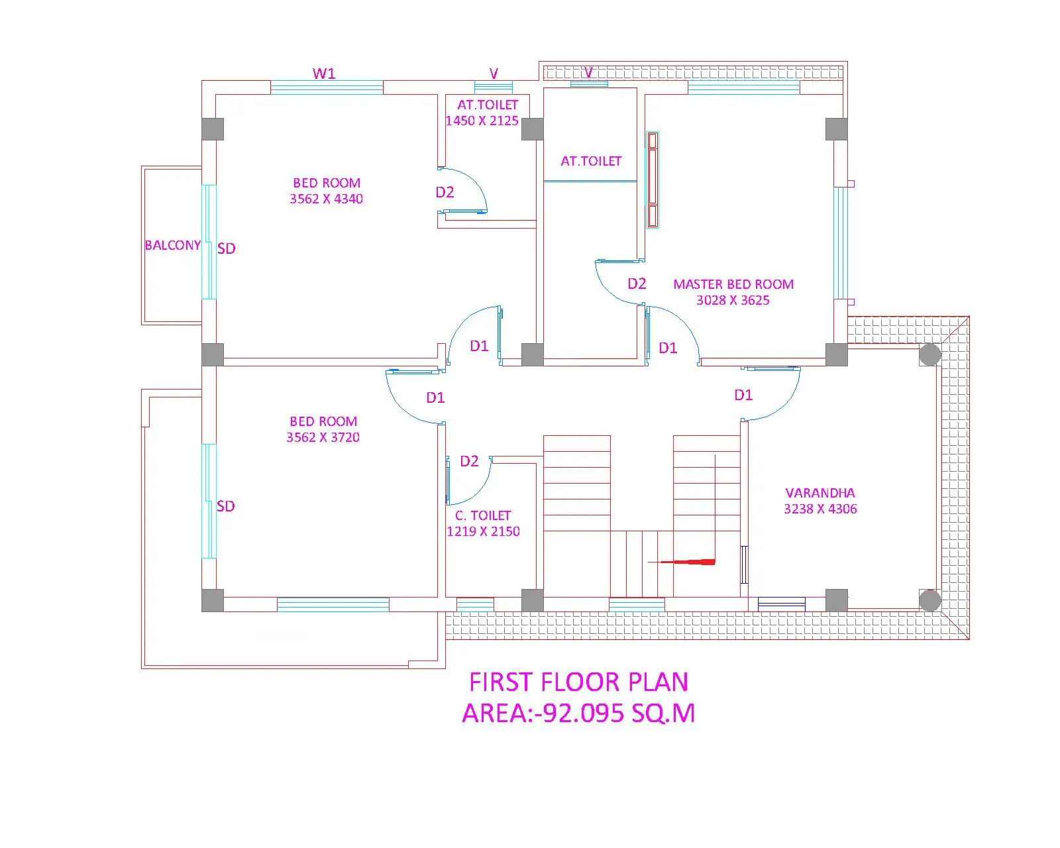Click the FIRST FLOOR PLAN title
click(578, 682)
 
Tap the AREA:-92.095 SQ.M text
click(578, 713)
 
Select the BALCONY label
click(173, 245)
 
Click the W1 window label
click(323, 74)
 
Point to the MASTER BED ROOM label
click(733, 284)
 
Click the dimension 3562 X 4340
click(326, 199)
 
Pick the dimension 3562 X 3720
click(323, 437)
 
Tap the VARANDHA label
click(820, 493)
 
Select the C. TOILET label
click(483, 515)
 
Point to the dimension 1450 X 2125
click(482, 121)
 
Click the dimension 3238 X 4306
click(820, 509)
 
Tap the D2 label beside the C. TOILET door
click(469, 461)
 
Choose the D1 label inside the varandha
click(743, 395)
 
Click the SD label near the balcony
click(226, 248)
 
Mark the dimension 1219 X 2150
click(483, 531)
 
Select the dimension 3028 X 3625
click(733, 300)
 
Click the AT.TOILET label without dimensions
click(591, 161)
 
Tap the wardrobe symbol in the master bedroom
click(653, 180)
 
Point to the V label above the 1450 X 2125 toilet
click(494, 74)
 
